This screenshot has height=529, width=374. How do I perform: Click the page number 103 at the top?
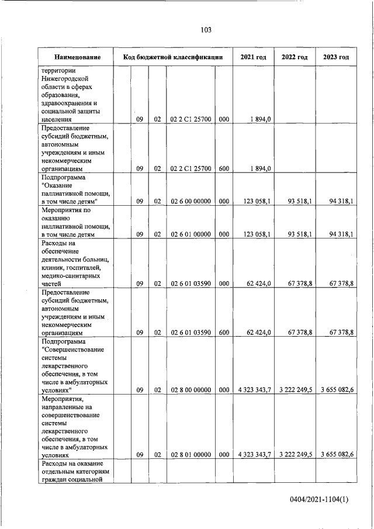pos(206,30)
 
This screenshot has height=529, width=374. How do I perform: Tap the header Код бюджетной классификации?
pos(173,57)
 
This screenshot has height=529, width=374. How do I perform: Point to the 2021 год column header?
pos(254,57)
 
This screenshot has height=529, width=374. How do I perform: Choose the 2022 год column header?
pos(295,57)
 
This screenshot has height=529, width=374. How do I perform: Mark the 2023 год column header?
pos(336,57)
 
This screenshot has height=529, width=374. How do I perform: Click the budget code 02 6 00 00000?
pos(191,202)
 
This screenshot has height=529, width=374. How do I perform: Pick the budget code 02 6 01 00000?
pos(191,234)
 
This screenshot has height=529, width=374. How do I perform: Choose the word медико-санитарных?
pos(70,275)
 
